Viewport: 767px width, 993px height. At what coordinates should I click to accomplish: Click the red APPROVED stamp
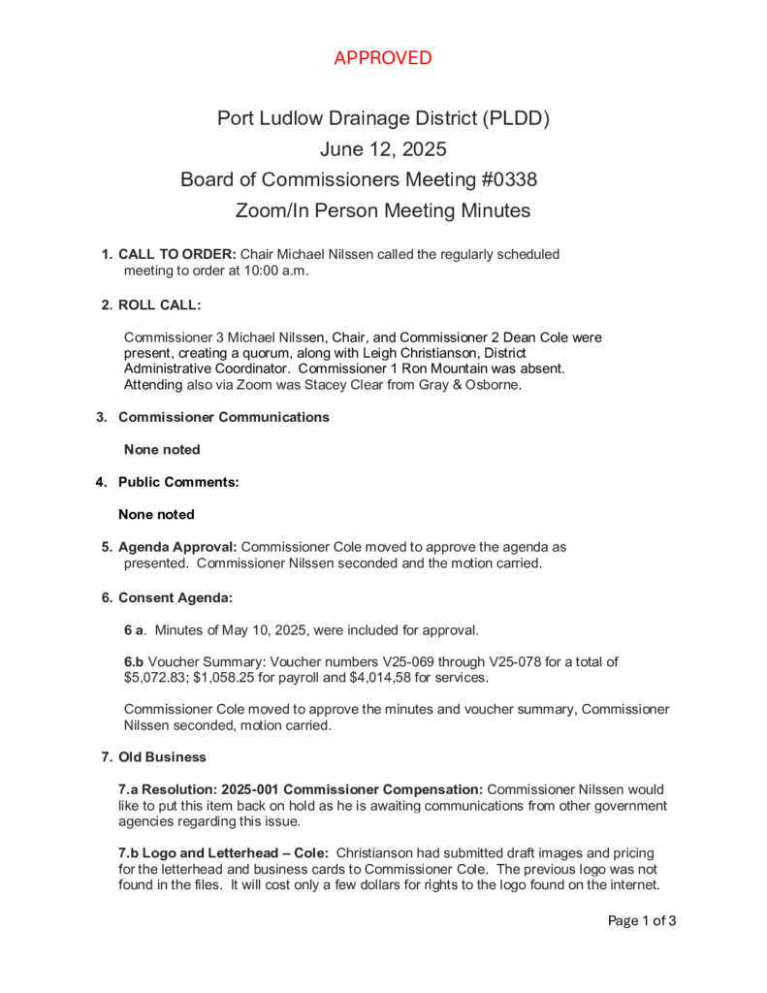click(383, 58)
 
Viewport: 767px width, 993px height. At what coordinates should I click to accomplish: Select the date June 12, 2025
click(383, 150)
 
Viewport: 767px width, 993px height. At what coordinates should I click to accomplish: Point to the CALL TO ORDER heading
click(176, 254)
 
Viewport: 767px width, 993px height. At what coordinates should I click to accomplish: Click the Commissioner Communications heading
click(223, 417)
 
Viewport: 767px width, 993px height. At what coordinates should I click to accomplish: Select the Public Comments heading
click(178, 482)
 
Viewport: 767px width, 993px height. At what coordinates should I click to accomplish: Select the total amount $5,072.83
click(156, 678)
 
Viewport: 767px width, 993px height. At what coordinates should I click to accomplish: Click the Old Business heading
click(162, 756)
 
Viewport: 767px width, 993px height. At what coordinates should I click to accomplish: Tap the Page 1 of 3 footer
click(641, 921)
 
